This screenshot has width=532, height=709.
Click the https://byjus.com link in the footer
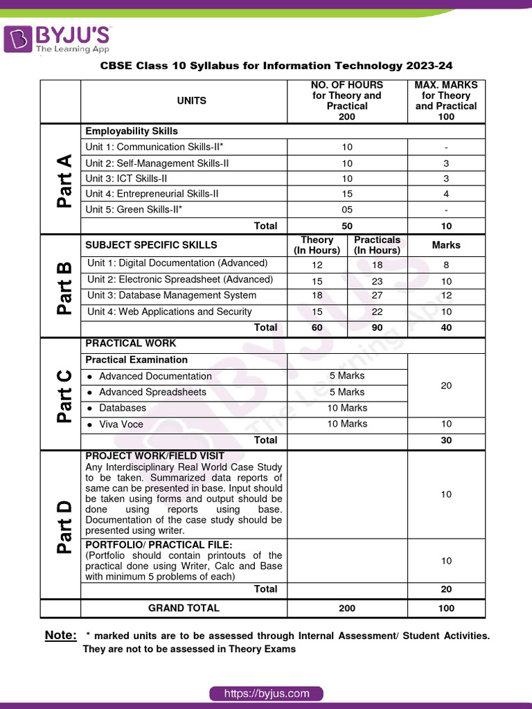266,693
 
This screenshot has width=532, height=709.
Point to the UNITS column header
192,101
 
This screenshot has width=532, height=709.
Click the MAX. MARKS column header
446,101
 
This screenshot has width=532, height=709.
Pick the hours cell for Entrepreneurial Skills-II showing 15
347,194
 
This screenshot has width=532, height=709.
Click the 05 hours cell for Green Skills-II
347,210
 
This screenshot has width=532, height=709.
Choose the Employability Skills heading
132,131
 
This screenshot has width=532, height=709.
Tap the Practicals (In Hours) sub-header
377,245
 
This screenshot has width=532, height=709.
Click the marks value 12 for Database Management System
446,296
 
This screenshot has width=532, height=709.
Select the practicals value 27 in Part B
377,296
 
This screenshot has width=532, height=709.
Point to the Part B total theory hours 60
317,327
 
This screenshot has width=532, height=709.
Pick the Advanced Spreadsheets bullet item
152,392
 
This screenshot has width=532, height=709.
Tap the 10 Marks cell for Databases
347,408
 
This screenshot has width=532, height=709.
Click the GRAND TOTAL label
184,608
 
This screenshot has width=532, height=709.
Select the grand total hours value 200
347,608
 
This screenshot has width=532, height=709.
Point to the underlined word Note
60,636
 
